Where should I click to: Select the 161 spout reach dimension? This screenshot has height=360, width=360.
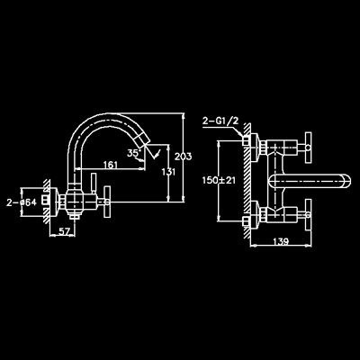110,165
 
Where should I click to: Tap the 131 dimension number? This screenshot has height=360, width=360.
168,172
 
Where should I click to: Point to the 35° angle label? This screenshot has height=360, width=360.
134,153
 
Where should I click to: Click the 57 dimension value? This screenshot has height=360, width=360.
63,231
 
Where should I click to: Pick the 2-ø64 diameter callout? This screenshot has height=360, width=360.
22,202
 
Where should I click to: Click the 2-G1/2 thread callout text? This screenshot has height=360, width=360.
220,121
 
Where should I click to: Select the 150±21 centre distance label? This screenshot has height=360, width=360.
219,180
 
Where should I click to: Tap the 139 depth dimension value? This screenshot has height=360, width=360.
281,241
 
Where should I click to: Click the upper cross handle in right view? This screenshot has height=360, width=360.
308,148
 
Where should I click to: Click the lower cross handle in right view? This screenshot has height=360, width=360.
308,215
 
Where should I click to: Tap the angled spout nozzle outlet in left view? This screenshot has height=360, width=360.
140,141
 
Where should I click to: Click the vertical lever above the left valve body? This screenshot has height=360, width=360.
94,184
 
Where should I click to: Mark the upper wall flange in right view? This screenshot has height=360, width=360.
255,148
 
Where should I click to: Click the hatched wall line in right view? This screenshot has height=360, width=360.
247,181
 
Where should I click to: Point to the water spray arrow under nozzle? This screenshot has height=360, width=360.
156,153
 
